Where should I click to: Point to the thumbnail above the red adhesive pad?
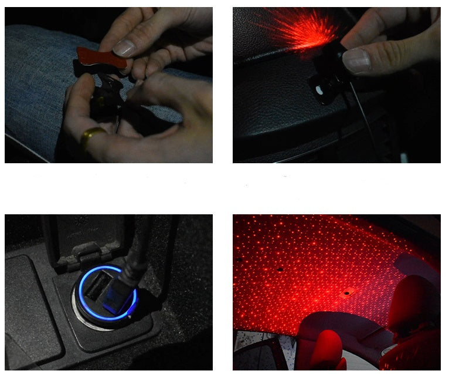click(x=124, y=46)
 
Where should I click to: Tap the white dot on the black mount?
click(x=319, y=90)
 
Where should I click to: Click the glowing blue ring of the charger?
click(x=82, y=305)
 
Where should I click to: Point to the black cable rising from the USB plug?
click(x=138, y=247)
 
